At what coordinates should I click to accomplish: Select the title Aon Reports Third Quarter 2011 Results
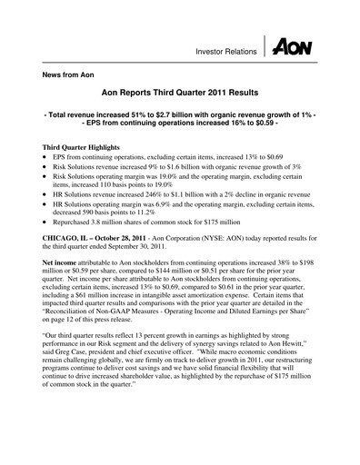coord(181,94)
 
